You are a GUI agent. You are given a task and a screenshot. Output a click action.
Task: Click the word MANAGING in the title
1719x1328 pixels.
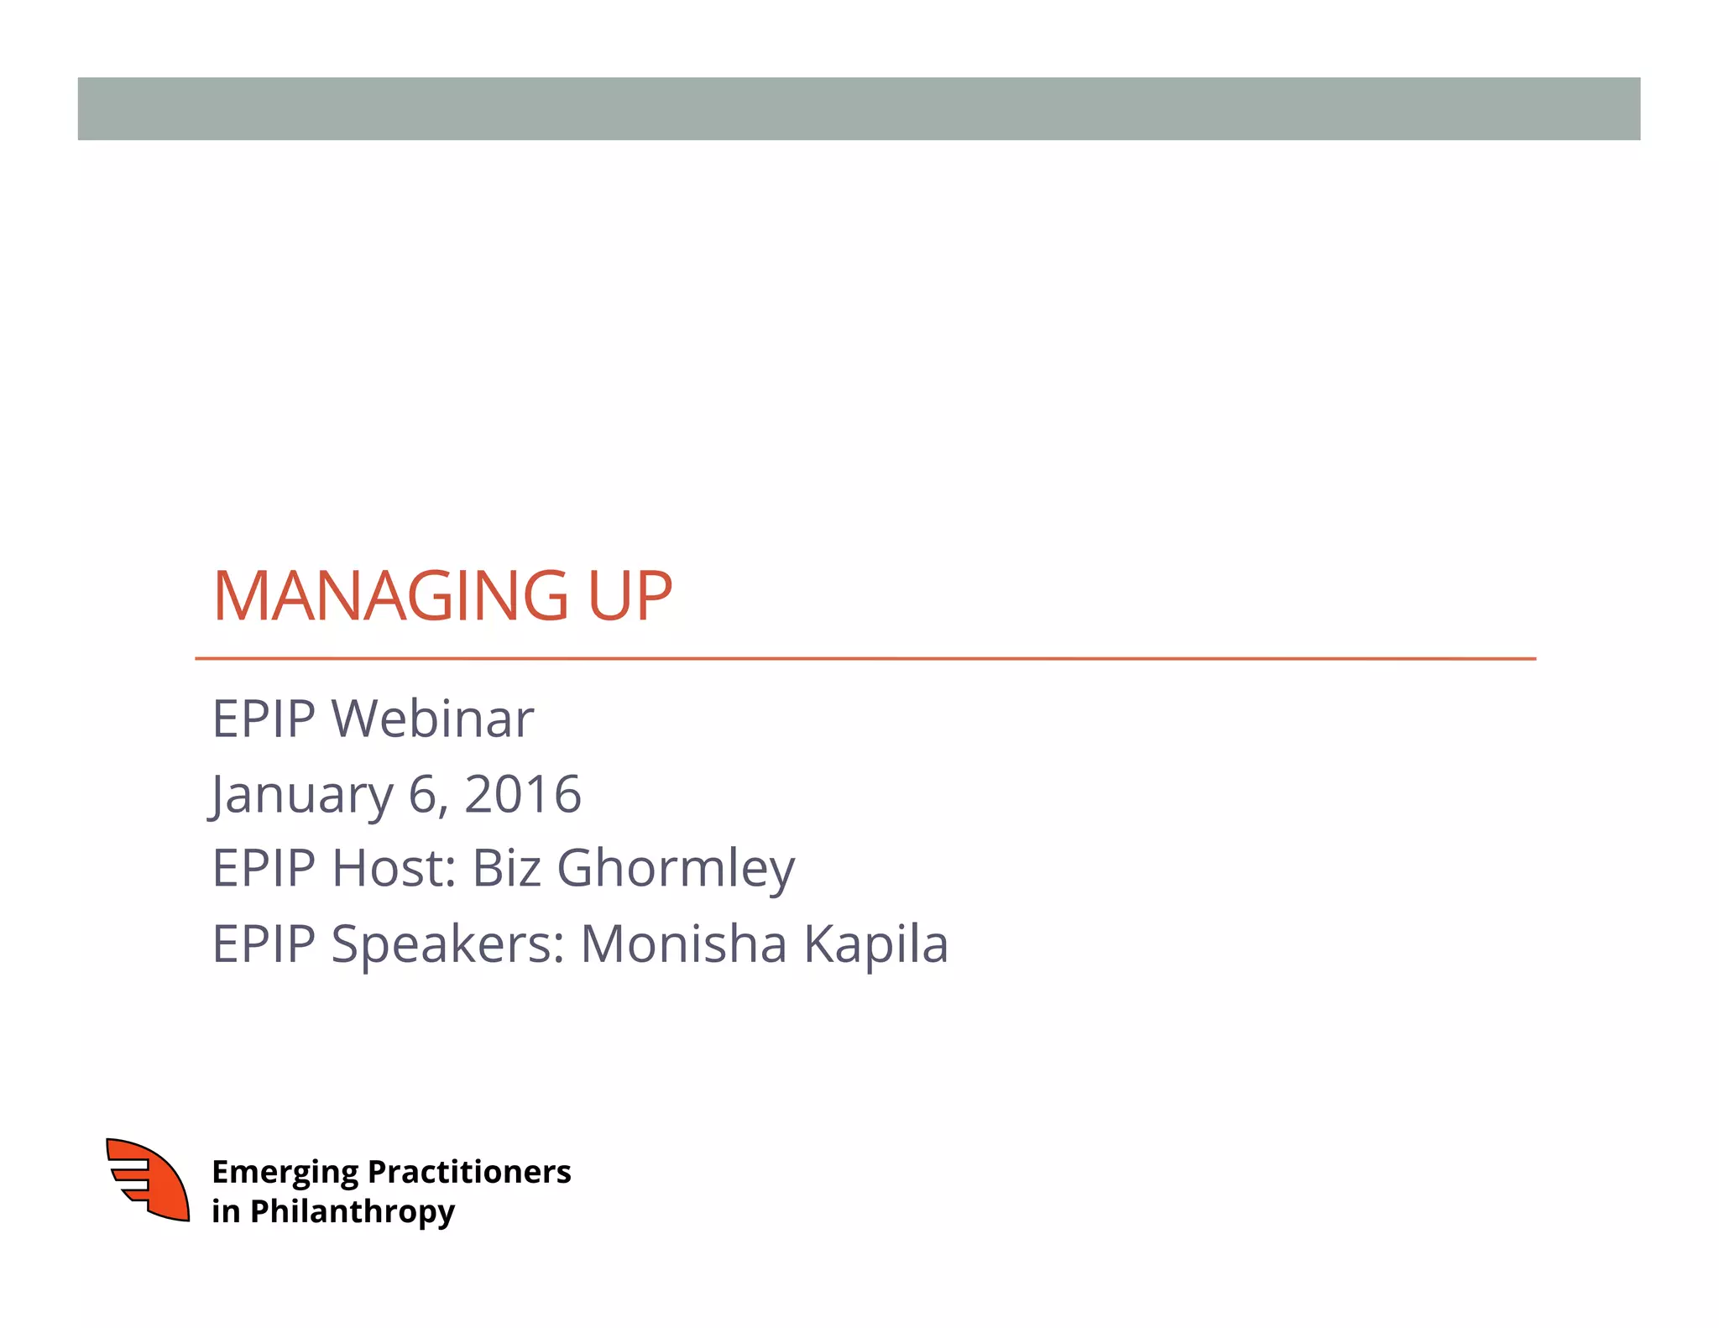point(391,596)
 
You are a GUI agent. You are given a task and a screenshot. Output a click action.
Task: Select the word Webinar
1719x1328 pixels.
point(432,719)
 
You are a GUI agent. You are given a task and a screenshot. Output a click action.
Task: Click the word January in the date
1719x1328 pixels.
point(301,794)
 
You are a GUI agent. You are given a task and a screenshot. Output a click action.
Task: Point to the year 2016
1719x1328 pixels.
point(522,794)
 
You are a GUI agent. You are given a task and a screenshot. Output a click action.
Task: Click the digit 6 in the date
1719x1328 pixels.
point(423,794)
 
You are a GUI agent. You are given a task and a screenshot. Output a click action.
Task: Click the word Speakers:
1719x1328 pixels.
point(448,944)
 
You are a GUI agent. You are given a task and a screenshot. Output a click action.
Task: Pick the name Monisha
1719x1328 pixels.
point(684,943)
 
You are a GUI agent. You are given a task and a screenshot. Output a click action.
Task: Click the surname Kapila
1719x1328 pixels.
point(876,944)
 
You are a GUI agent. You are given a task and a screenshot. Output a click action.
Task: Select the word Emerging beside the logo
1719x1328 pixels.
point(285,1173)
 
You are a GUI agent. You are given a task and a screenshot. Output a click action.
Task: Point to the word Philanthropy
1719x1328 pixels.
point(353,1212)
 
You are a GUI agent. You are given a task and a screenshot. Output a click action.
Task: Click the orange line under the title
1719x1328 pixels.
point(865,659)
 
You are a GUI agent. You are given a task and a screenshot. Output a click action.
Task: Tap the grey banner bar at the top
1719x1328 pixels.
point(859,109)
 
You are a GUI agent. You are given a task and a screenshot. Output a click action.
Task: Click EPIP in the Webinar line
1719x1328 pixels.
point(264,719)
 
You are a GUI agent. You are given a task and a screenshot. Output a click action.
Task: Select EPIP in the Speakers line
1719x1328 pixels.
point(264,944)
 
